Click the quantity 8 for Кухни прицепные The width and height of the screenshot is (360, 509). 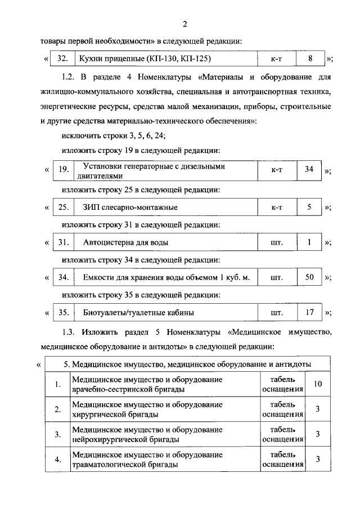coord(309,57)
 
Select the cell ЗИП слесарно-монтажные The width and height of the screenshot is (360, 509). coord(130,208)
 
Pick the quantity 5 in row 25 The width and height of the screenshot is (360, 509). coord(309,207)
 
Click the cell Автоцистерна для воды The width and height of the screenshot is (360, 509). coord(125,243)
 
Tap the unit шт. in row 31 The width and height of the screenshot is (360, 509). coord(276,243)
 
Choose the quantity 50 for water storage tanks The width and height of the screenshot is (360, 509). coord(309,277)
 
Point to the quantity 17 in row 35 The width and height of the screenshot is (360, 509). coord(309,312)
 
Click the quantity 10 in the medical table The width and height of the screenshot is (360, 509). coord(318,384)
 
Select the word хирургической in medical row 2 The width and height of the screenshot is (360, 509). coord(102,414)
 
